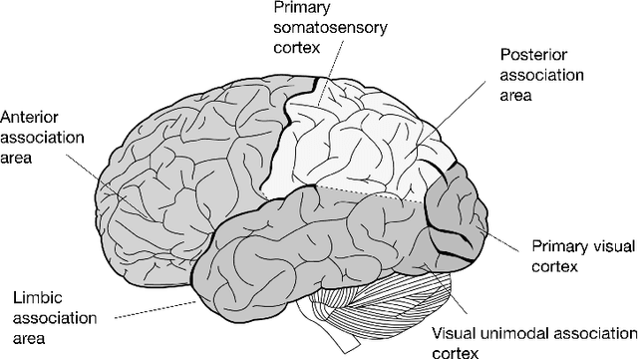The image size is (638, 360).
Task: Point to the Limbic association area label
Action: pos(49,314)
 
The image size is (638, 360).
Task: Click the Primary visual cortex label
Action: pos(578,253)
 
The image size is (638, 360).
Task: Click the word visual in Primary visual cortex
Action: pos(596,244)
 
